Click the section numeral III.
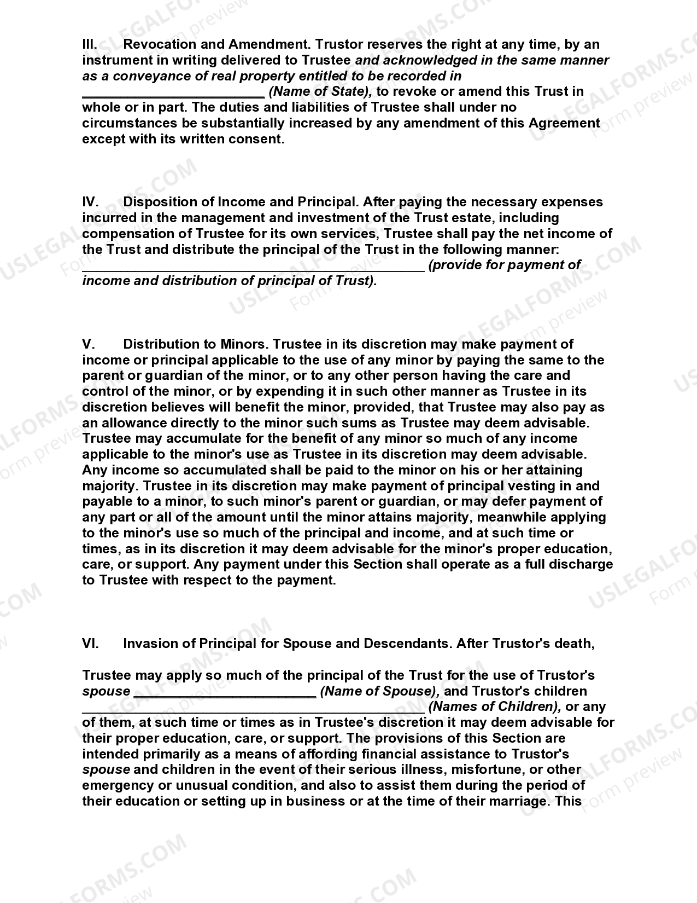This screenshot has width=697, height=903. pos(89,44)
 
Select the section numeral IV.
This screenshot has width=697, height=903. pos(90,202)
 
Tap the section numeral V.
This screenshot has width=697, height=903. pos(89,344)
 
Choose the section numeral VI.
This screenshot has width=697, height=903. pos(90,644)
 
